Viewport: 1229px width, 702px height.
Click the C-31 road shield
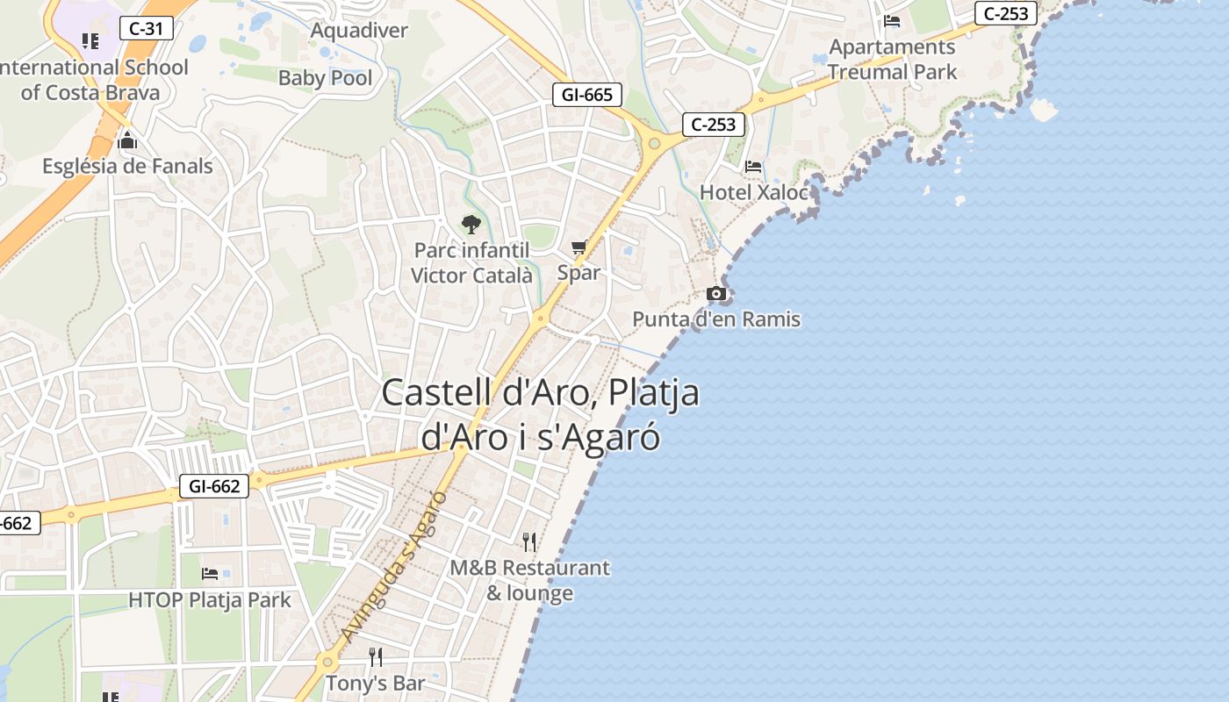click(x=146, y=28)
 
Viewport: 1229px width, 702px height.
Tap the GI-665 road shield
click(x=587, y=95)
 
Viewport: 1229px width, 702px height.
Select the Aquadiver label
click(x=359, y=31)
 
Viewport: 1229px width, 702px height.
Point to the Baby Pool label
click(x=325, y=78)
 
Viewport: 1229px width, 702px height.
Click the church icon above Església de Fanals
click(x=127, y=140)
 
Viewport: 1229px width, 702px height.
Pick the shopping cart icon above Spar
click(x=579, y=247)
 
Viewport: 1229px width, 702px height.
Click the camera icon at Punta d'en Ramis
click(x=716, y=294)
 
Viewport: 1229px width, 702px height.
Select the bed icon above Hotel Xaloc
click(x=753, y=166)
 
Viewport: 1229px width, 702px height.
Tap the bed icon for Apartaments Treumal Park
click(x=892, y=21)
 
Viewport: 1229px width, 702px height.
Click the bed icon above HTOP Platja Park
click(x=210, y=574)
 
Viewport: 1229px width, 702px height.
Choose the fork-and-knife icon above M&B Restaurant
click(x=529, y=541)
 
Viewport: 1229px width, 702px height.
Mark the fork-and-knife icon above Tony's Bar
click(x=376, y=657)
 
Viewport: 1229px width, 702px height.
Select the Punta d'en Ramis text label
click(x=716, y=319)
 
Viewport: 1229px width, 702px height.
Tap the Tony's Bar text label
click(x=376, y=683)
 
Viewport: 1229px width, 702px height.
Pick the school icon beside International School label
click(x=90, y=40)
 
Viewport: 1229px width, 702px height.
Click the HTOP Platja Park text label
click(x=210, y=600)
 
